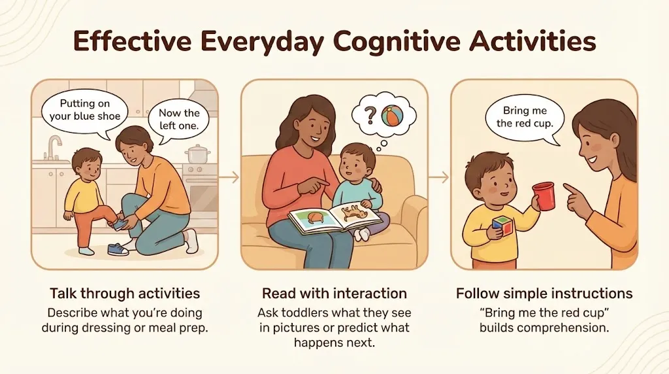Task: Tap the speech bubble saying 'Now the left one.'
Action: tap(179, 121)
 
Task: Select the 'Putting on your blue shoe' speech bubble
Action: tap(85, 110)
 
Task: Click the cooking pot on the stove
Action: tap(197, 155)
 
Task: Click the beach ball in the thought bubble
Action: tap(393, 116)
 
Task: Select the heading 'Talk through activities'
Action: tap(125, 293)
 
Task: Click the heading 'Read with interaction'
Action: tap(334, 293)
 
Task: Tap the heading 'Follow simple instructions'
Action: tap(544, 293)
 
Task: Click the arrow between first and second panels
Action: tap(229, 177)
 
